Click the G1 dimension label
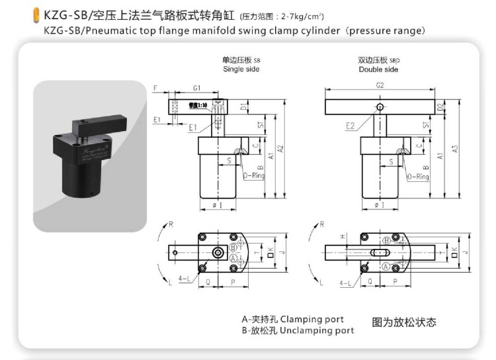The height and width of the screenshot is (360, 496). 198,87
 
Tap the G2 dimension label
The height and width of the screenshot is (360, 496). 379,85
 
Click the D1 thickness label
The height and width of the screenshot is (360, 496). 244,107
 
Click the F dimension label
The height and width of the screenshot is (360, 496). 154,87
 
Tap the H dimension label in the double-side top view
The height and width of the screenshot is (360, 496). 343,236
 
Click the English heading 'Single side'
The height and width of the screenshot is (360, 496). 241,69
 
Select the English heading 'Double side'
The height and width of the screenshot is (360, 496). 378,69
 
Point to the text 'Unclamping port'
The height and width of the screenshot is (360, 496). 319,330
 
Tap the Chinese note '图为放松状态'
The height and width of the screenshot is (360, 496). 404,323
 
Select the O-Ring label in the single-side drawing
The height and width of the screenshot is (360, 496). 255,177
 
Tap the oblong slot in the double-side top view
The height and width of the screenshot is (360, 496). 378,252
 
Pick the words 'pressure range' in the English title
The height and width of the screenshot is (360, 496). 386,30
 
